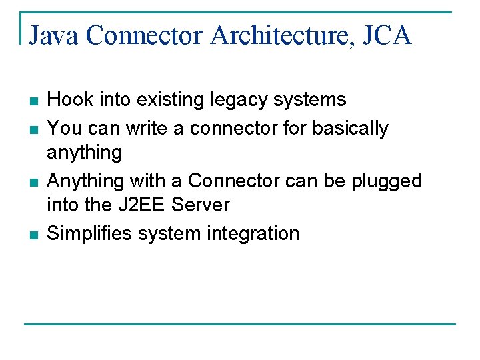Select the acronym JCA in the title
[388, 35]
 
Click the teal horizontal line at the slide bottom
[240, 325]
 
